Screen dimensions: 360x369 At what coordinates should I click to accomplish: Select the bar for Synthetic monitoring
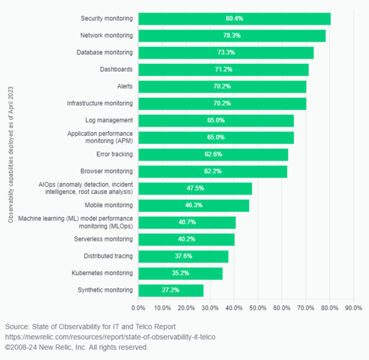point(170,290)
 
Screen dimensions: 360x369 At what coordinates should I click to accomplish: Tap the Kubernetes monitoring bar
point(180,273)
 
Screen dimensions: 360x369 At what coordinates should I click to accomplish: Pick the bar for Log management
point(216,120)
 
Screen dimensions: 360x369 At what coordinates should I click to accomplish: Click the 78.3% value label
point(232,36)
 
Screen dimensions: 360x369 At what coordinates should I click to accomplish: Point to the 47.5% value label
point(195,189)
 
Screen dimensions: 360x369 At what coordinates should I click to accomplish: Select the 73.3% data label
point(226,53)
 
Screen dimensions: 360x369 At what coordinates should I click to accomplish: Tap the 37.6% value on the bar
point(183,256)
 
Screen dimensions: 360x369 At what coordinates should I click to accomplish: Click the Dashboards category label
point(117,69)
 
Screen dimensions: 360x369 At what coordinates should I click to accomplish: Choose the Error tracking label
point(114,154)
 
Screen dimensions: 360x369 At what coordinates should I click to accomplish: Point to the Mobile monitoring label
point(109,205)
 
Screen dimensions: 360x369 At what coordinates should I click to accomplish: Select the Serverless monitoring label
point(105,239)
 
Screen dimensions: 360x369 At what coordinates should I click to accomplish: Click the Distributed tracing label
point(108,256)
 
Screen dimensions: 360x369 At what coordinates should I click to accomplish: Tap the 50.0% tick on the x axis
point(258,307)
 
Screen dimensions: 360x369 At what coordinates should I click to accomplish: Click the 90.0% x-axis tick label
point(353,307)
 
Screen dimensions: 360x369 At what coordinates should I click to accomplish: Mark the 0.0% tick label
point(138,307)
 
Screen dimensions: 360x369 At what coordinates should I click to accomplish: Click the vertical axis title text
point(10,154)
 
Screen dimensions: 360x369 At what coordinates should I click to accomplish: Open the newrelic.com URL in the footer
point(111,337)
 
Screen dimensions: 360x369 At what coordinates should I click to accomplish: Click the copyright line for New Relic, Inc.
point(77,347)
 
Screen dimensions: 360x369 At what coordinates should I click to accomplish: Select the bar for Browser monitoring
point(213,171)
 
